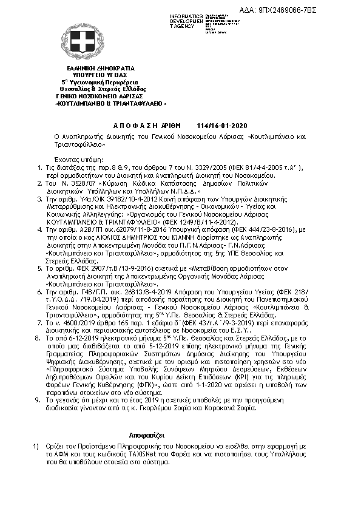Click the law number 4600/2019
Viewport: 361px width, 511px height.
pyautogui.click(x=89, y=324)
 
